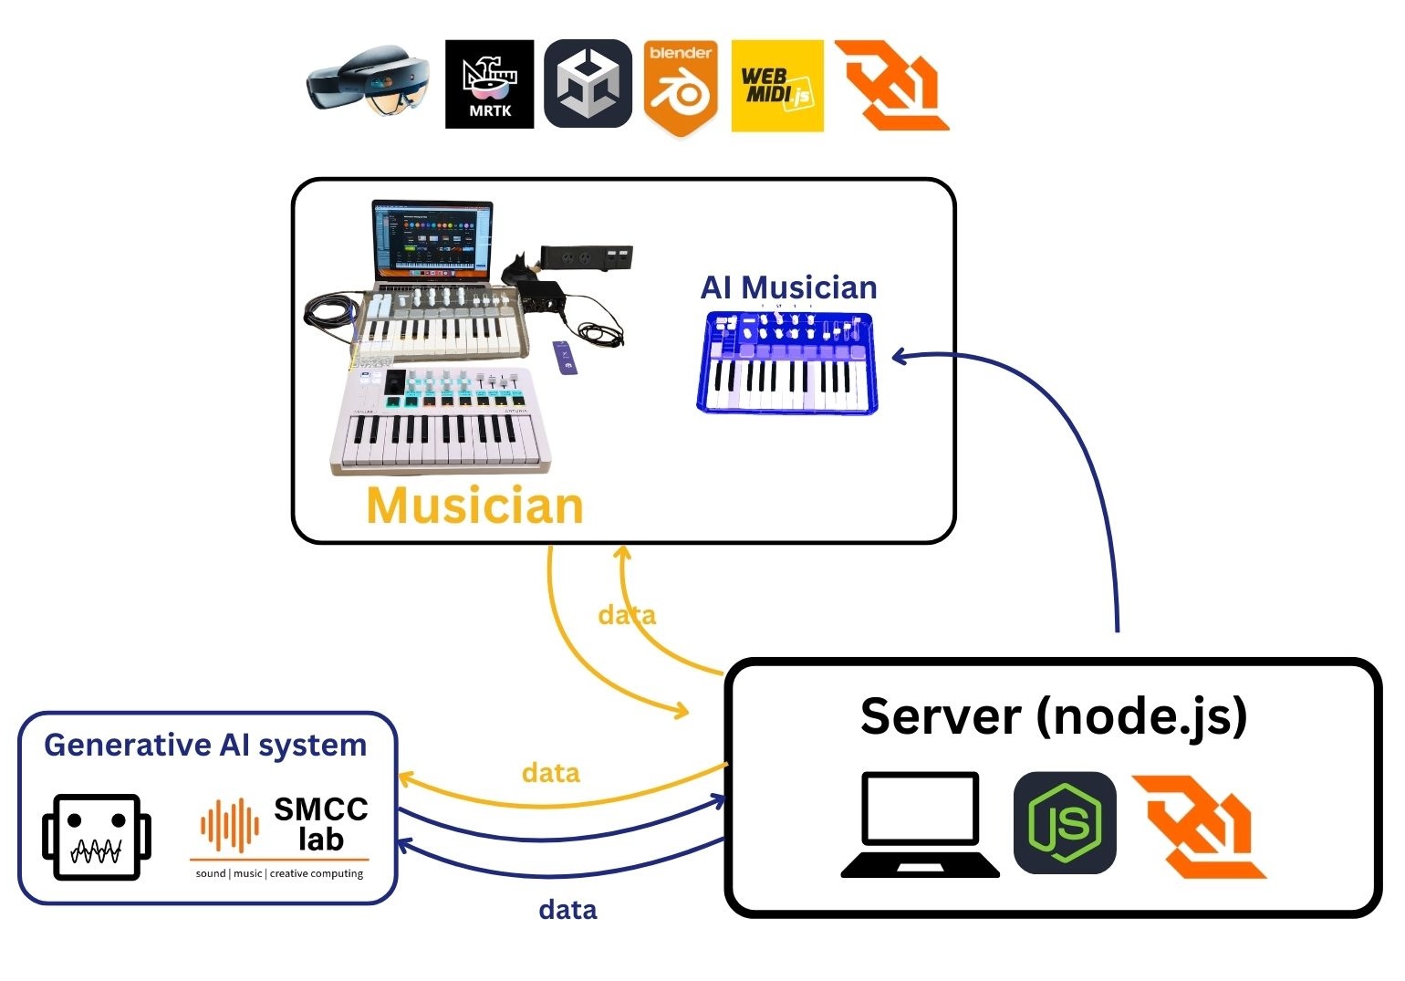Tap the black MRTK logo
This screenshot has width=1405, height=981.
coord(489,84)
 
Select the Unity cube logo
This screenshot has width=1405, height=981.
coord(588,84)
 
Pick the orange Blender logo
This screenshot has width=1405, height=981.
coord(681,87)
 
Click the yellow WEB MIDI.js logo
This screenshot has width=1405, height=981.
coord(777,86)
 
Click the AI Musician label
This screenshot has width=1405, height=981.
coord(788,287)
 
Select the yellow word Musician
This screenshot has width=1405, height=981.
coord(474,506)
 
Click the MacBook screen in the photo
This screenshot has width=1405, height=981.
coord(432,239)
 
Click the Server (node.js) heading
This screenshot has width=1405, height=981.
coord(1053,716)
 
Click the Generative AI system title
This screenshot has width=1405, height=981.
coord(205,746)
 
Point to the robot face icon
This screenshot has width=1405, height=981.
coord(96,837)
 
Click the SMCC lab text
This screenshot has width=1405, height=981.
coord(320,823)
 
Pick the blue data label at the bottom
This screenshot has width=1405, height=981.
coord(567,910)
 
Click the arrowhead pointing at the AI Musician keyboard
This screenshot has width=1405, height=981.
coord(899,357)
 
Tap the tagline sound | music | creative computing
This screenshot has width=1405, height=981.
coord(279,873)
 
